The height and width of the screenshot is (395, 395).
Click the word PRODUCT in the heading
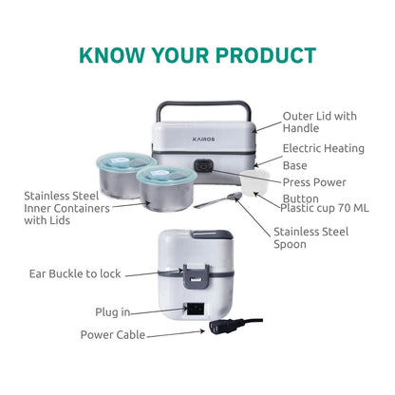(x=266, y=55)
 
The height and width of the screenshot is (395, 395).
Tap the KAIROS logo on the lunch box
(x=203, y=140)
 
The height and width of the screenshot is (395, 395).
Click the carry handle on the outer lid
(x=204, y=105)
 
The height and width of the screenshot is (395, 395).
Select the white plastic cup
(x=254, y=181)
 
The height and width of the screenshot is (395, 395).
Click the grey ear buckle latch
(x=195, y=275)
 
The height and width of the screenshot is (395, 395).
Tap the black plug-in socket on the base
(x=196, y=310)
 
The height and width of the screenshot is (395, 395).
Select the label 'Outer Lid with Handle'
(x=320, y=122)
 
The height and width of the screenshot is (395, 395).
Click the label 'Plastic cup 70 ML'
(x=325, y=208)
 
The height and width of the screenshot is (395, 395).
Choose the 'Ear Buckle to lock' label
(x=75, y=273)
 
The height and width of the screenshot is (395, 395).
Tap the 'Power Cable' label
(x=113, y=334)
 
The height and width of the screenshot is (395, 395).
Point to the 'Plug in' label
(x=113, y=312)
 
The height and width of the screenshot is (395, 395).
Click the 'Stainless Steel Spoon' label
(x=310, y=237)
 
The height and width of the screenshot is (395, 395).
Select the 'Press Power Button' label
(x=314, y=190)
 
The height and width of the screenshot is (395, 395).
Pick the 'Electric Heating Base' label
(x=324, y=157)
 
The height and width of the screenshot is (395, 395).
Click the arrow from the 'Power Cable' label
(x=176, y=333)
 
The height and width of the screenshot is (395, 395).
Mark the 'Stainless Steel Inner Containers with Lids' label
(x=66, y=208)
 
